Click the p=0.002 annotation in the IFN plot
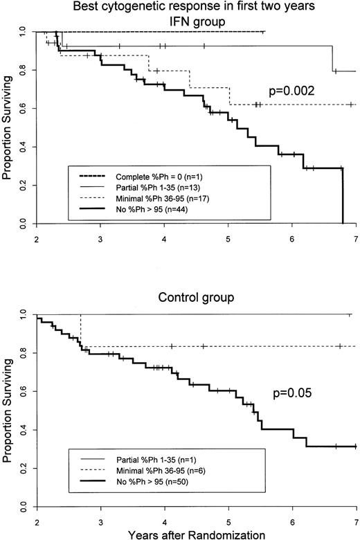pyautogui.click(x=296, y=91)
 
